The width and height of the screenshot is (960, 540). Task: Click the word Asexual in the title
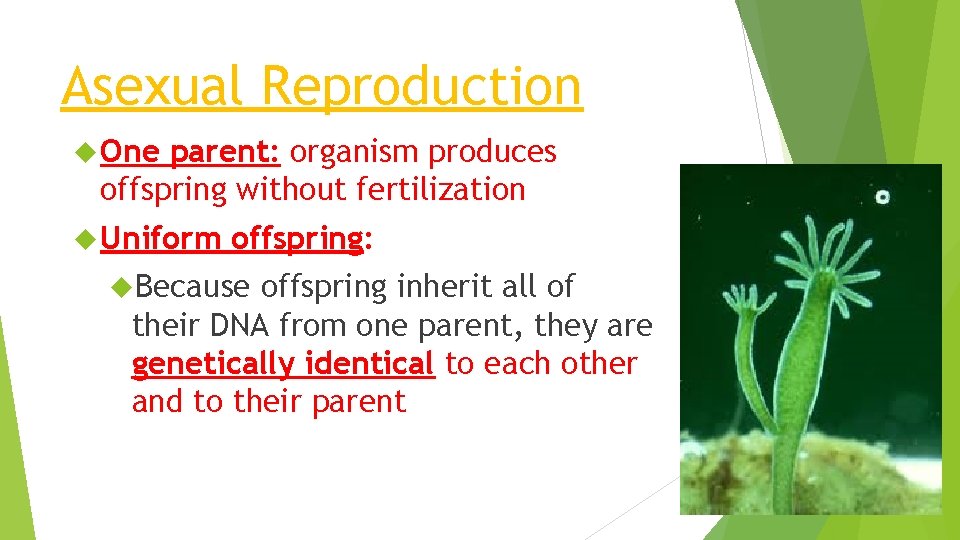(151, 86)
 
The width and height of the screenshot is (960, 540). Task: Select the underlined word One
(131, 151)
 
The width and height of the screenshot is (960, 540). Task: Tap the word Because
(192, 287)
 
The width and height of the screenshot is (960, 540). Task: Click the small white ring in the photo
(883, 197)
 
